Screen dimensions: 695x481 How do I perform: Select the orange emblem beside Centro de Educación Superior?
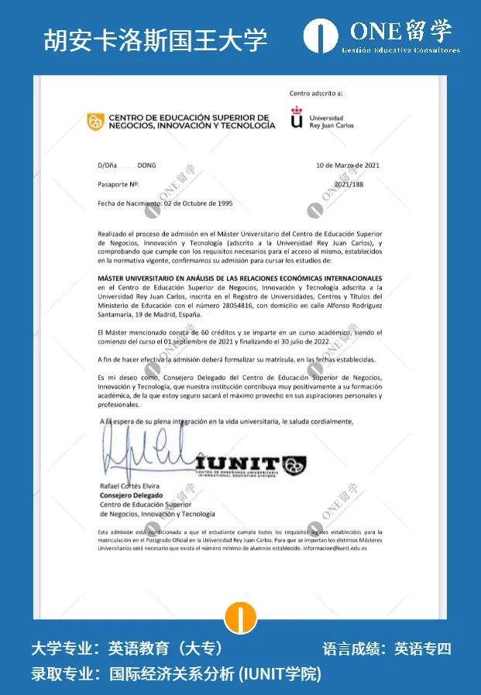coord(95,122)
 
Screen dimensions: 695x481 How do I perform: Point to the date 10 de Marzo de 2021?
coord(348,165)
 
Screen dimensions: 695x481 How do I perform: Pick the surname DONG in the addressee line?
coord(146,165)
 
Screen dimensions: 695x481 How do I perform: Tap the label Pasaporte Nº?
coord(119,185)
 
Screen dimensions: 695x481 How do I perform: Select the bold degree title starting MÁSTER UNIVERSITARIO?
coord(240,277)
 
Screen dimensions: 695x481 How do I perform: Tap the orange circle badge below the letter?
coord(241,618)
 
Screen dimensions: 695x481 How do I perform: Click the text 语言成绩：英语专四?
coord(387,649)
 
